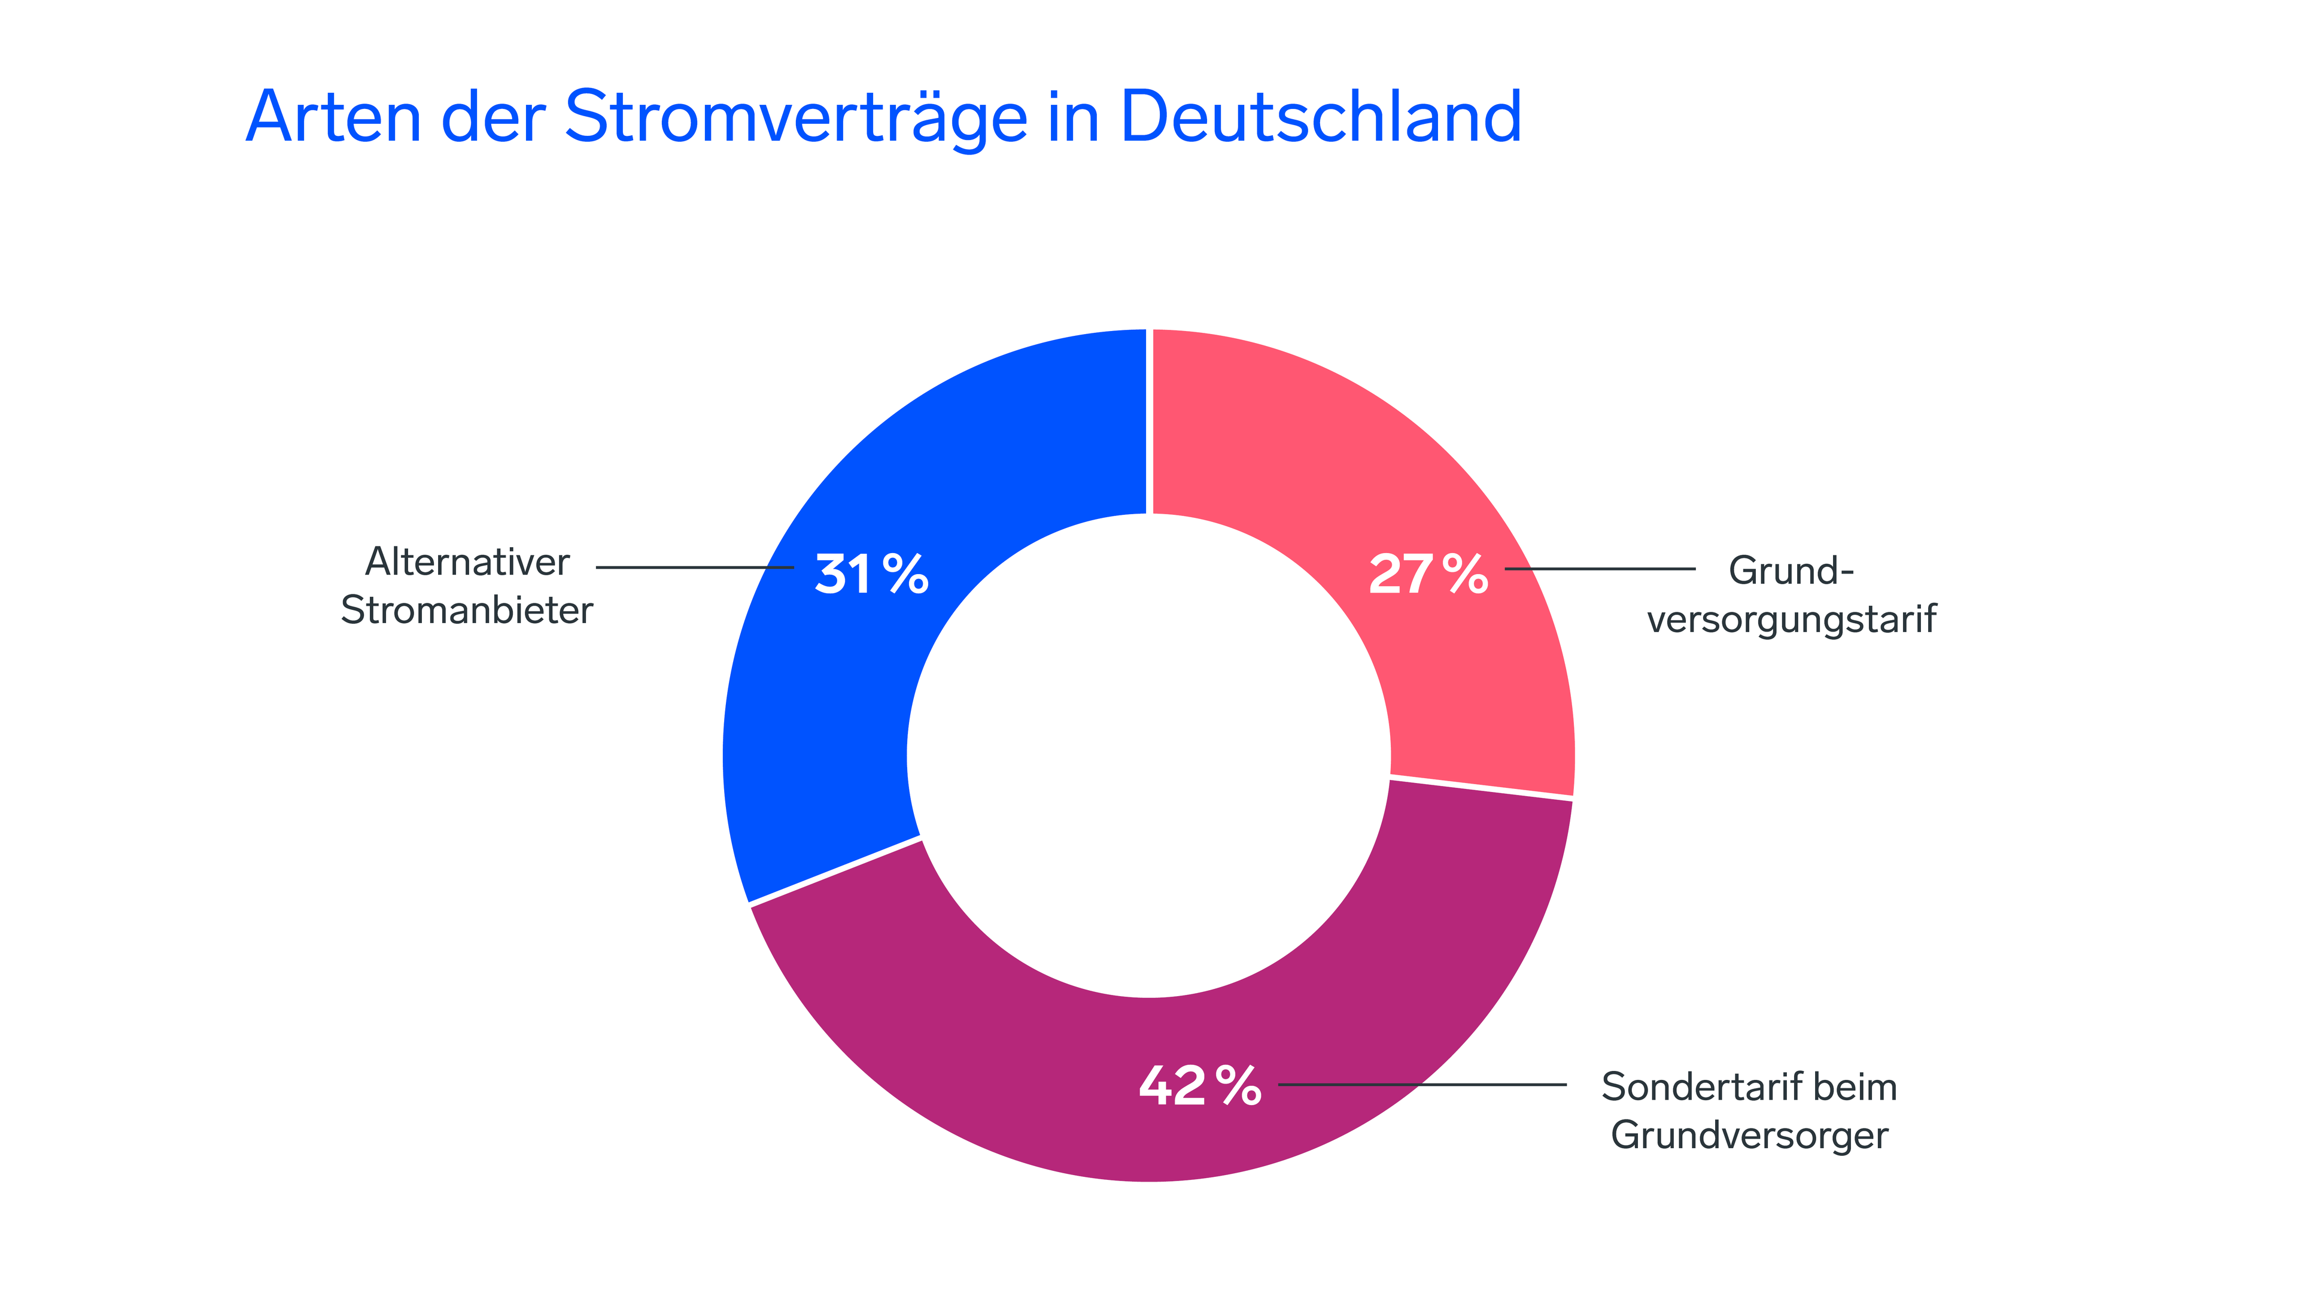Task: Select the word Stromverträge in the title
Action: (796, 119)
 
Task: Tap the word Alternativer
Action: (467, 562)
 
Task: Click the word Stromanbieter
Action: (467, 611)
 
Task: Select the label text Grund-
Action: (1791, 570)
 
